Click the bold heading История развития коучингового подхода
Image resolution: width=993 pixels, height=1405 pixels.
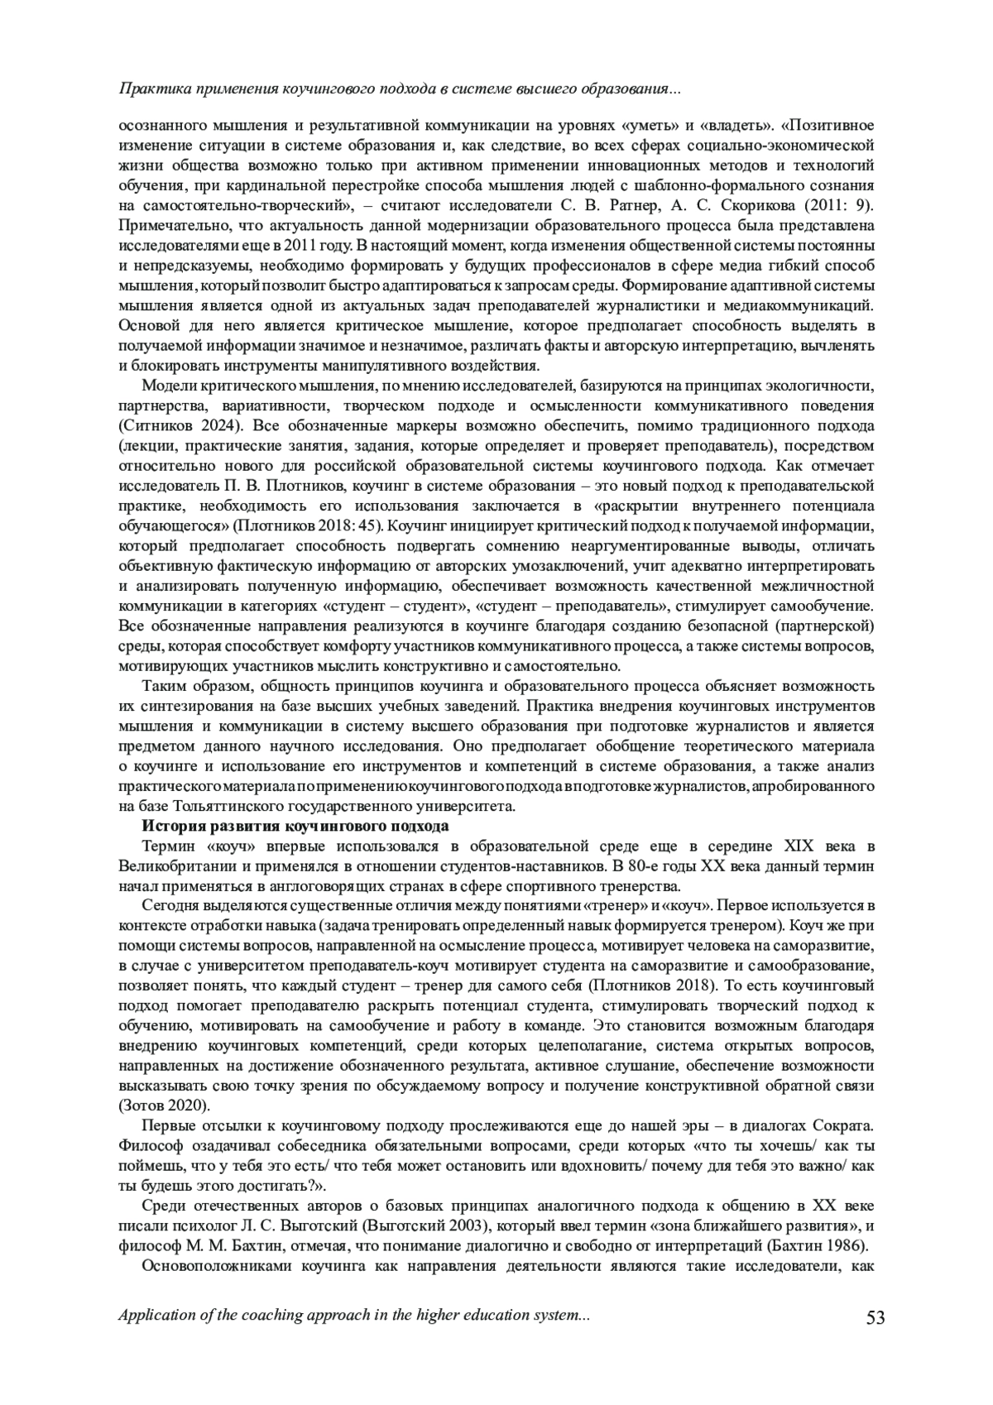pyautogui.click(x=295, y=826)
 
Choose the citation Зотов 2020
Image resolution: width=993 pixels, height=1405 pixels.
pyautogui.click(x=164, y=1107)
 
